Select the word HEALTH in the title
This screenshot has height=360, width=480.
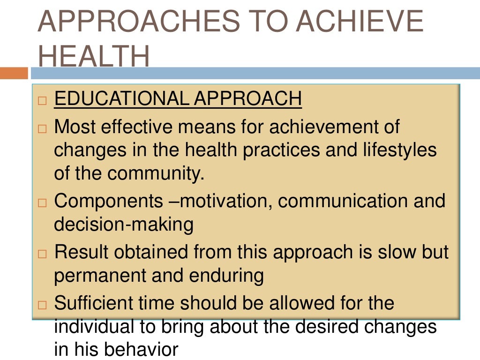coord(94,57)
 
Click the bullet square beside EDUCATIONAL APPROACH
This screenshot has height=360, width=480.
coord(43,100)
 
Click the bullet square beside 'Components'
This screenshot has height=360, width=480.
coord(43,203)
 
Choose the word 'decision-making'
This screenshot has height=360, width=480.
coord(124,225)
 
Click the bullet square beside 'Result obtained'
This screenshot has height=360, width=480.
coord(43,254)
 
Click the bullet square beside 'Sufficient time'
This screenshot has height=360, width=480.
coord(43,305)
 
